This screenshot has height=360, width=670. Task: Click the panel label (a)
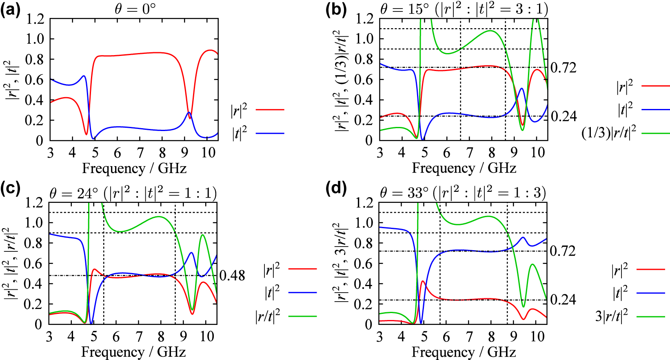pyautogui.click(x=10, y=9)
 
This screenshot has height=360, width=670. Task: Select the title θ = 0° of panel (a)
pyautogui.click(x=135, y=9)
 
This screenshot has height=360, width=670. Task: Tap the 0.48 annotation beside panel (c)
pyautogui.click(x=232, y=276)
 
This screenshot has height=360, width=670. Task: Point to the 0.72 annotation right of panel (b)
pyautogui.click(x=563, y=67)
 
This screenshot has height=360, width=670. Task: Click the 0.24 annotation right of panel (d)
pyautogui.click(x=563, y=300)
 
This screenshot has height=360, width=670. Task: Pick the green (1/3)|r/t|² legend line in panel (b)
pyautogui.click(x=655, y=133)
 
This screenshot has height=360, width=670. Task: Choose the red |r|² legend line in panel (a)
pyautogui.click(x=270, y=110)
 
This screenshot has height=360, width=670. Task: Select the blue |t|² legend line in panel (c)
pyautogui.click(x=302, y=293)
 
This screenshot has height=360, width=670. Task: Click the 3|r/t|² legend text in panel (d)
pyautogui.click(x=611, y=316)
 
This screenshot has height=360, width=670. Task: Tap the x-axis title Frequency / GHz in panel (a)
pyautogui.click(x=134, y=168)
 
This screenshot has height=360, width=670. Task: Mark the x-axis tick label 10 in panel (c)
pyautogui.click(x=207, y=336)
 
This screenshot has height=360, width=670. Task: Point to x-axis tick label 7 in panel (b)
pyautogui.click(x=469, y=153)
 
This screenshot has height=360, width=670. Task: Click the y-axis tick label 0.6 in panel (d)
pyautogui.click(x=364, y=263)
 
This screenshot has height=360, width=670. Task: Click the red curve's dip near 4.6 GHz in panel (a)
pyautogui.click(x=86, y=134)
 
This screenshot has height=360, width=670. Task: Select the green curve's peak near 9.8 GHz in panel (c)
pyautogui.click(x=202, y=235)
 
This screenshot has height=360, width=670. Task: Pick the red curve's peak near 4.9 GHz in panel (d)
pyautogui.click(x=423, y=281)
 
